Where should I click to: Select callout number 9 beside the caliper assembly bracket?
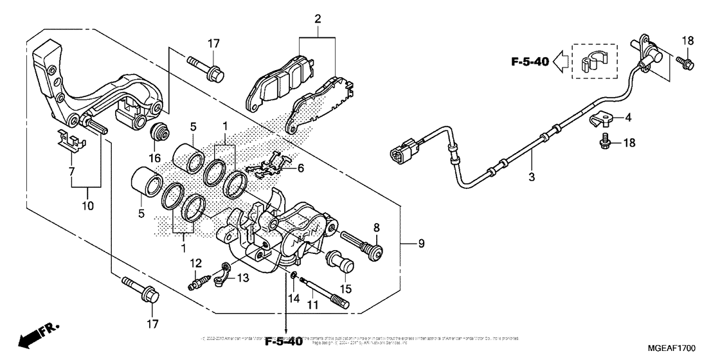tap(422, 244)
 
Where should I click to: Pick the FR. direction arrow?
tap(34, 335)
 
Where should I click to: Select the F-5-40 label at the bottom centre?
tap(282, 340)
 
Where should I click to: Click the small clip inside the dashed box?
tap(590, 62)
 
